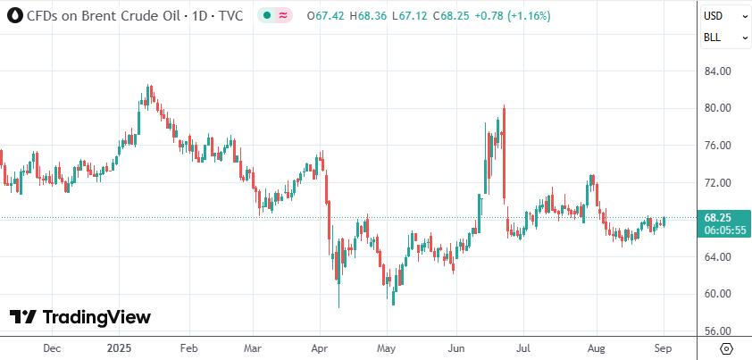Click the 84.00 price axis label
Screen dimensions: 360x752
coord(718,71)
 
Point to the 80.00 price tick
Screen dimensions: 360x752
coord(718,108)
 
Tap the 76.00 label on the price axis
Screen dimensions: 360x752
coord(718,146)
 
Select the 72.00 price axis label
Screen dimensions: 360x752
coord(718,183)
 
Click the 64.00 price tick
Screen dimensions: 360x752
coord(718,257)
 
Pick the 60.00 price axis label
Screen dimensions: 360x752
coord(718,294)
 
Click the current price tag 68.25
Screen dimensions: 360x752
coord(718,217)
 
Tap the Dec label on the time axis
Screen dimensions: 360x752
coord(52,348)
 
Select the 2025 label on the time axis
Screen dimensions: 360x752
coord(119,348)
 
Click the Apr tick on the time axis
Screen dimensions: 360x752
coord(319,348)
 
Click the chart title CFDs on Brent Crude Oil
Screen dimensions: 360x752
coord(103,16)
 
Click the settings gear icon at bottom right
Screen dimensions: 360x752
coord(726,348)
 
